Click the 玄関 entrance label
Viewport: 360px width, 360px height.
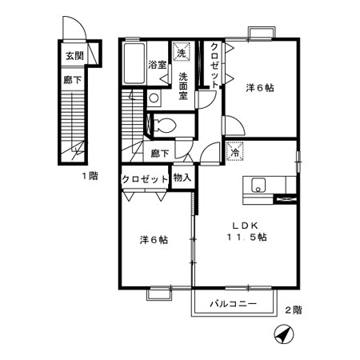(74, 56)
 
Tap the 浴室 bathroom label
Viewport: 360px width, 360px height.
(158, 65)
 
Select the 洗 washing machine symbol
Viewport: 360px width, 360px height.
(182, 52)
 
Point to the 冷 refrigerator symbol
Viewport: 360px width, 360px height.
(235, 152)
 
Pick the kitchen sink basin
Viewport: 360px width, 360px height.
(258, 186)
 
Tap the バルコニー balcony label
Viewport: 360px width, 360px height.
(234, 304)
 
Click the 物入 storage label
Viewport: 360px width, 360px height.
(182, 178)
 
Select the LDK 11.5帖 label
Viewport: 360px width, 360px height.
(246, 232)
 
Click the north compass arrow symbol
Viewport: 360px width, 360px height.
(283, 334)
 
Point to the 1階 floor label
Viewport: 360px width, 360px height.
(90, 176)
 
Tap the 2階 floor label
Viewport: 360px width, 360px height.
(294, 310)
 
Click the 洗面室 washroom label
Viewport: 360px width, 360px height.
(183, 86)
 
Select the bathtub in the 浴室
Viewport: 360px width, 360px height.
(134, 63)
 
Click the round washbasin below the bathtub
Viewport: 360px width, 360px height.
(154, 98)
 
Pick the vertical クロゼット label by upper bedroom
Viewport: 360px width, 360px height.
(214, 65)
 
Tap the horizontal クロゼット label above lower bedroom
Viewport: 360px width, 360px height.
(145, 179)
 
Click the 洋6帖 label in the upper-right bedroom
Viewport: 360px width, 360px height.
(260, 88)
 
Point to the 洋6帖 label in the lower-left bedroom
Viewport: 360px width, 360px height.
(154, 240)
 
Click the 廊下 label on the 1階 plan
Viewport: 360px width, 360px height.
(72, 80)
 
